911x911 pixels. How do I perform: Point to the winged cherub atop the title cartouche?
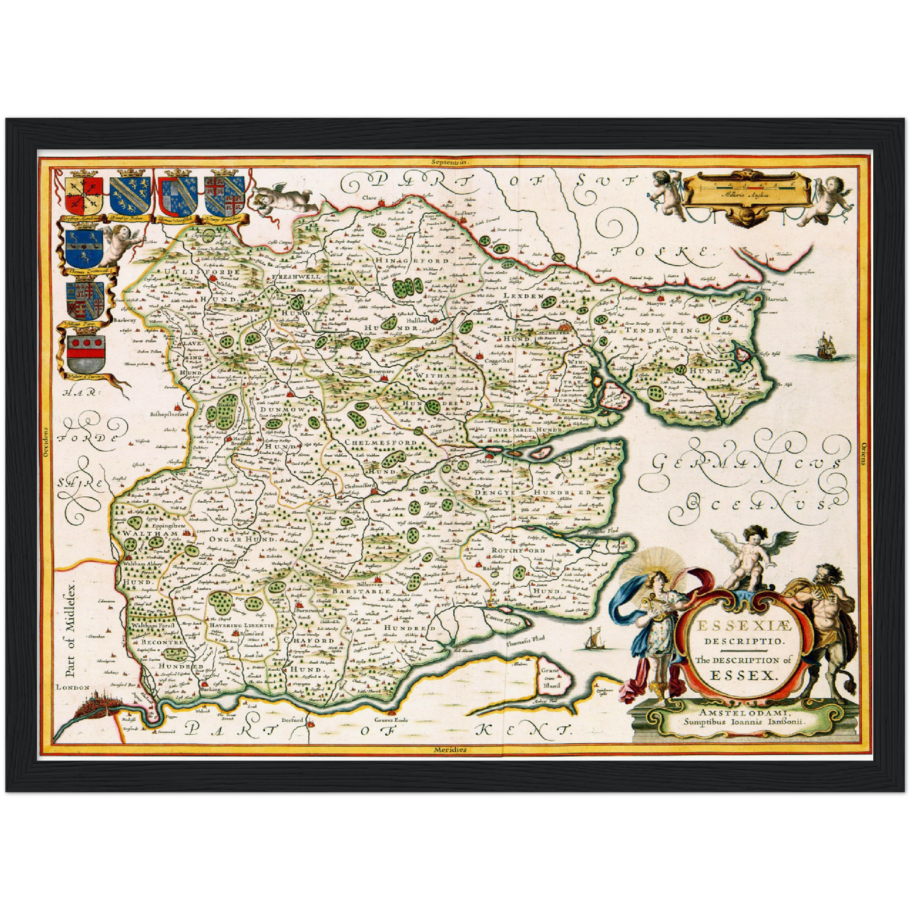753,555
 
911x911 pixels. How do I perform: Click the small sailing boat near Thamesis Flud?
592,639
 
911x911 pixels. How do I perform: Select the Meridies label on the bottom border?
450,750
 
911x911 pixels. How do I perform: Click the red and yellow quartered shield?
83,195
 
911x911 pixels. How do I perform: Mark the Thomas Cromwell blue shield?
84,249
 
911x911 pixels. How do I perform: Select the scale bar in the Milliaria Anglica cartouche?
747,185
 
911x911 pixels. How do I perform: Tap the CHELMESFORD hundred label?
380,443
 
